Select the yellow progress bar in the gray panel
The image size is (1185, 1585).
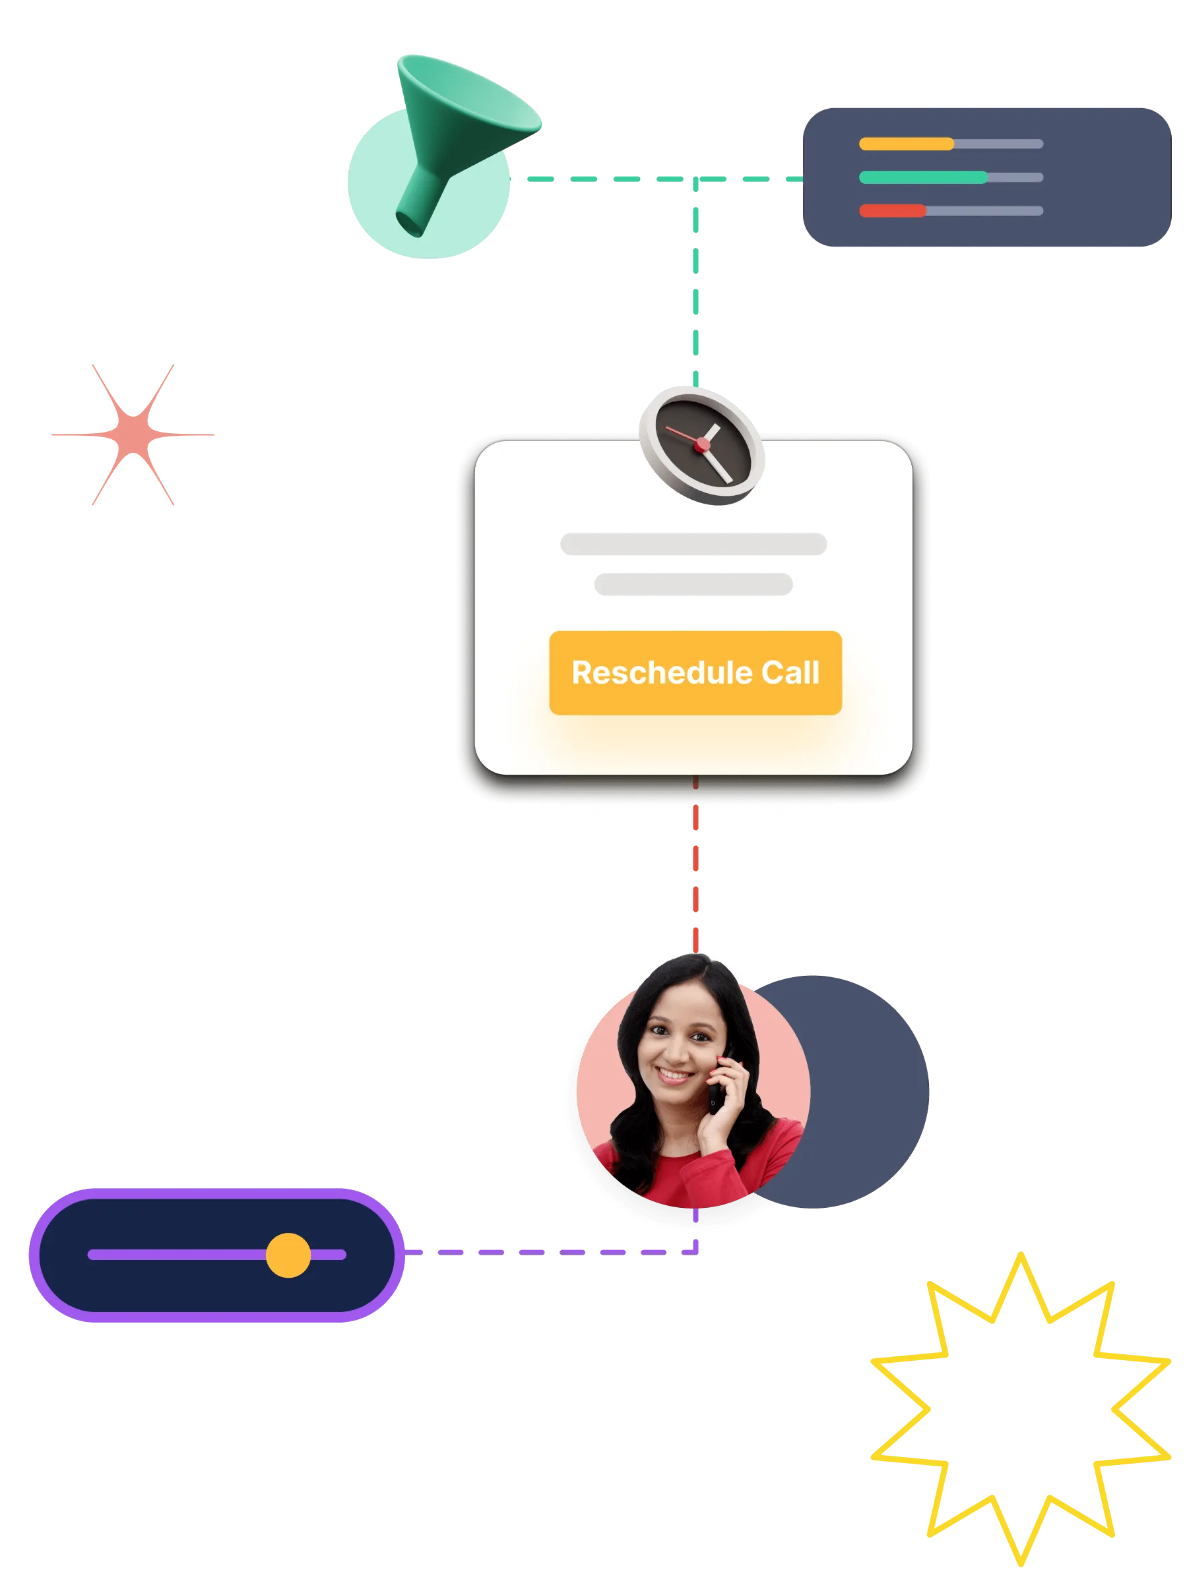tap(906, 144)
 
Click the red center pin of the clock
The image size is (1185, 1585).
tap(702, 445)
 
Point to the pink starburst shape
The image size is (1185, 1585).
tap(133, 434)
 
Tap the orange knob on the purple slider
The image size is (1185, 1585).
tap(288, 1255)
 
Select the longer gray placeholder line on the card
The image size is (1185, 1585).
tap(693, 544)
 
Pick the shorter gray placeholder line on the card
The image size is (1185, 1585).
tap(693, 584)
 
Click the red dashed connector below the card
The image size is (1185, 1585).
tap(696, 874)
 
